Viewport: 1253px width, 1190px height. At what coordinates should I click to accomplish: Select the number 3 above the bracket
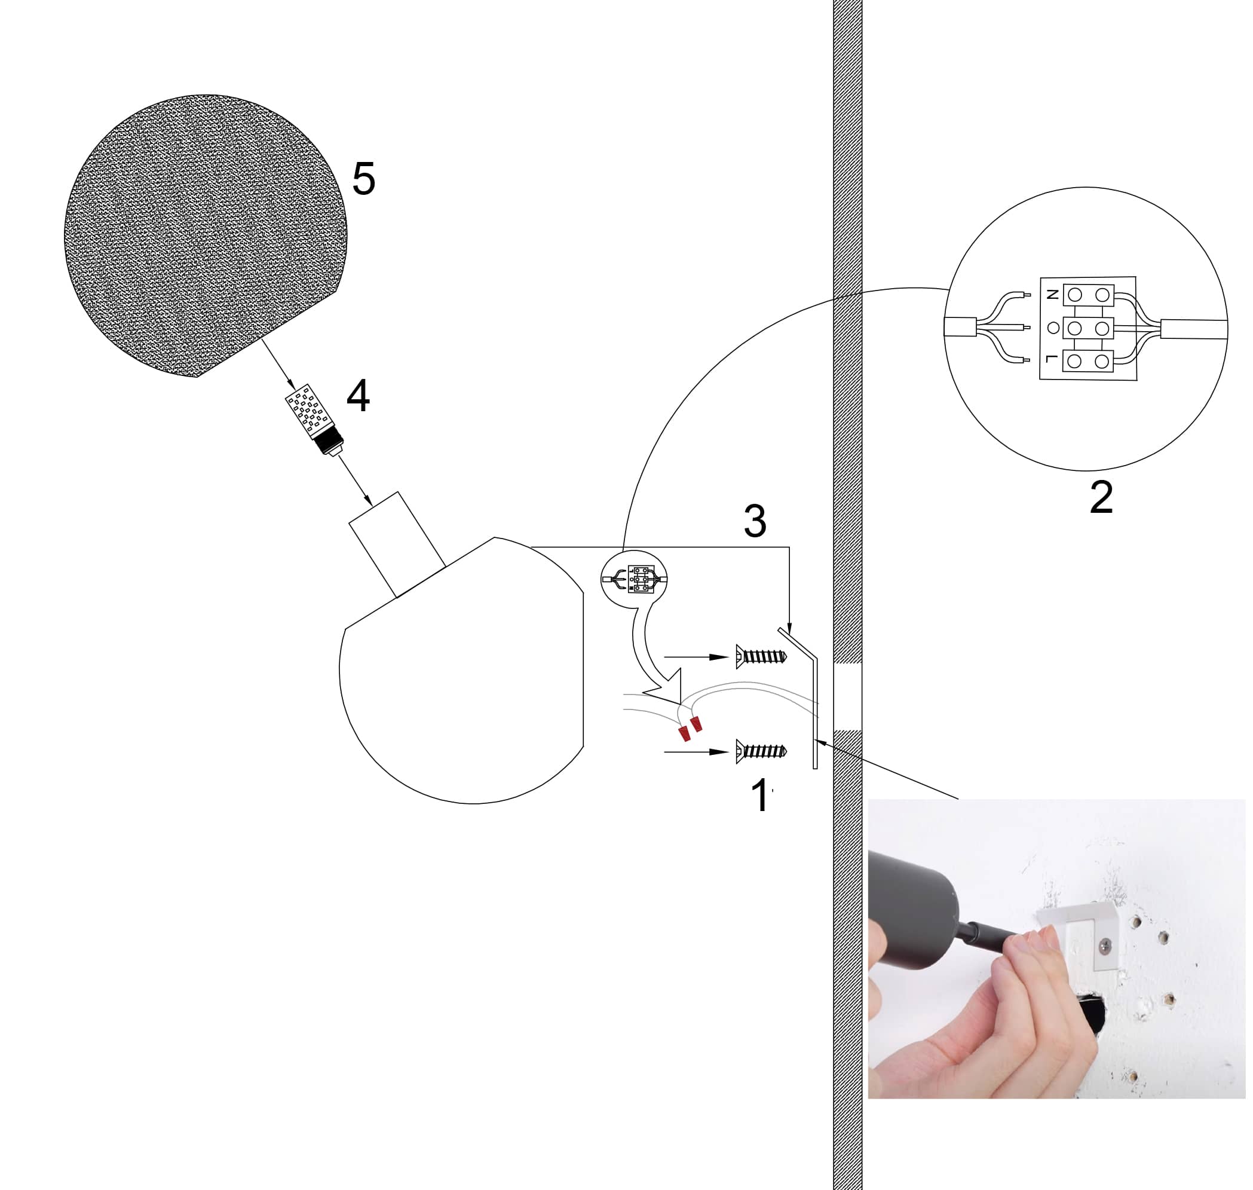pyautogui.click(x=755, y=521)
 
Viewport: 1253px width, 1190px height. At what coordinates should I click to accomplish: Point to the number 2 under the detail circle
pyautogui.click(x=1101, y=498)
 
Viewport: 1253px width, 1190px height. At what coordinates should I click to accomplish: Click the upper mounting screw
pyautogui.click(x=761, y=656)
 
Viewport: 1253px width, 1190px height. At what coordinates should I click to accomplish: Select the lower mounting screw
pyautogui.click(x=761, y=752)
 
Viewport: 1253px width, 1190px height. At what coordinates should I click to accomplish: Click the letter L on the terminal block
pyautogui.click(x=1052, y=360)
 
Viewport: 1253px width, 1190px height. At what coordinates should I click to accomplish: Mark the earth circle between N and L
pyautogui.click(x=1053, y=328)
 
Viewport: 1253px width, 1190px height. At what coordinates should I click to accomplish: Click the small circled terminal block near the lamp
pyautogui.click(x=634, y=579)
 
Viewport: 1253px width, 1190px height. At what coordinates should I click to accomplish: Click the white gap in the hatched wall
pyautogui.click(x=847, y=696)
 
